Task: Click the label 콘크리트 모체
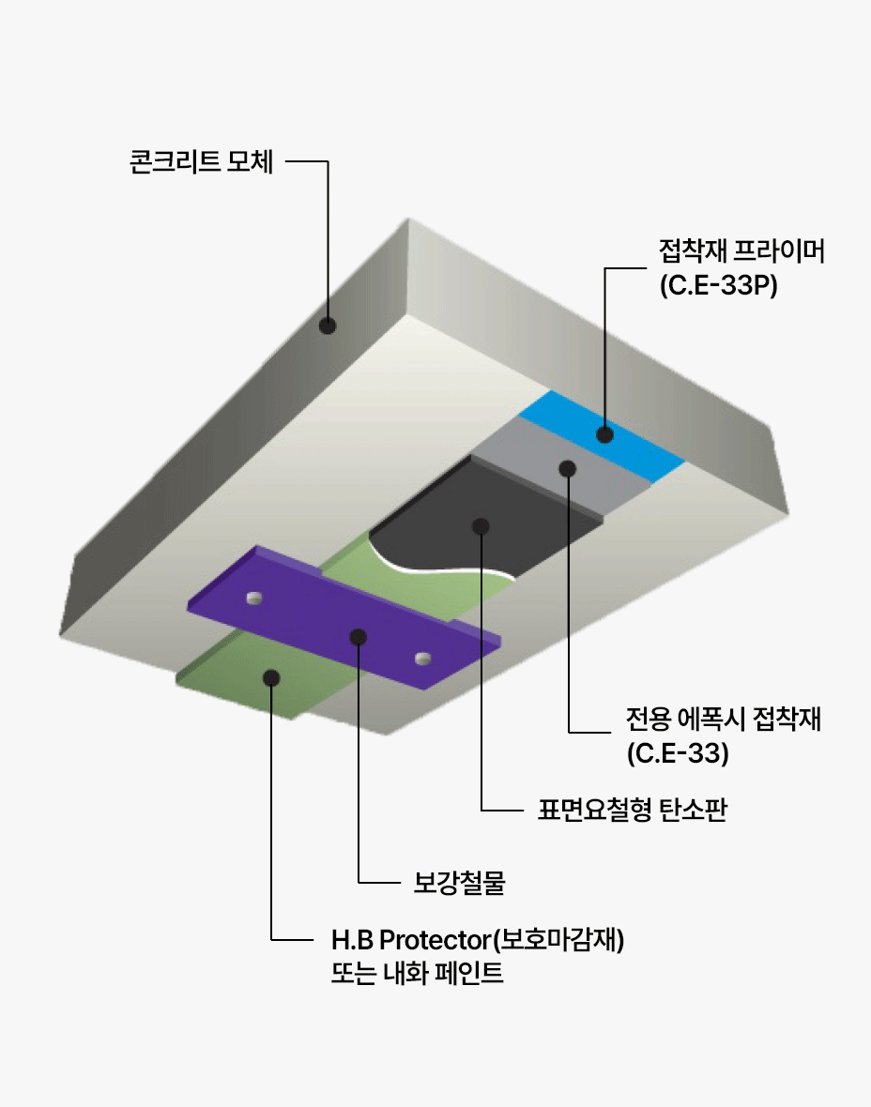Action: pyautogui.click(x=201, y=162)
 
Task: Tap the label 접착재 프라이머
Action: pyautogui.click(x=741, y=251)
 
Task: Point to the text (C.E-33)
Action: pyautogui.click(x=678, y=752)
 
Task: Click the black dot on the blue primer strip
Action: pyautogui.click(x=605, y=434)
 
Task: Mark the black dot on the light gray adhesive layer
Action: pyautogui.click(x=567, y=468)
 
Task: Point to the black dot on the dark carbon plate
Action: pyautogui.click(x=481, y=525)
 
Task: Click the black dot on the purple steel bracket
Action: pyautogui.click(x=358, y=637)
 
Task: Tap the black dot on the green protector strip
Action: pyautogui.click(x=271, y=676)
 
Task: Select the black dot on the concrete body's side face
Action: pyautogui.click(x=328, y=326)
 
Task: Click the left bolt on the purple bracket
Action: pyautogui.click(x=252, y=598)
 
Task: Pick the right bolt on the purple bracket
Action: pyautogui.click(x=422, y=657)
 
